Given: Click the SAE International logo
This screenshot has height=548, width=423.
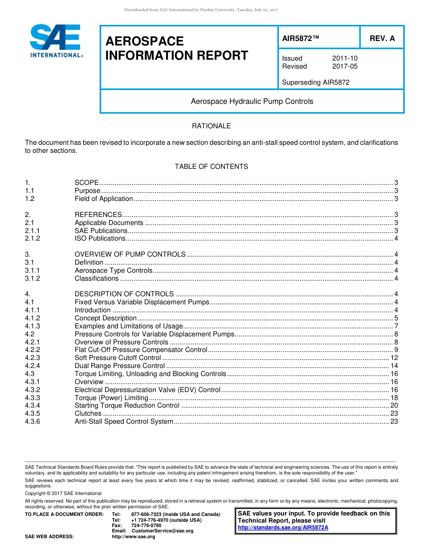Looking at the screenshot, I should pyautogui.click(x=56, y=41).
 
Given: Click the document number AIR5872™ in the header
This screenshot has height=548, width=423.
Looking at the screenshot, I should pyautogui.click(x=301, y=38).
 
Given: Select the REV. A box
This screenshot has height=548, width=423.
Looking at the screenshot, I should pyautogui.click(x=382, y=38).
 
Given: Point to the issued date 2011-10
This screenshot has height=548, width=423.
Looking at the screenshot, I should pyautogui.click(x=345, y=58).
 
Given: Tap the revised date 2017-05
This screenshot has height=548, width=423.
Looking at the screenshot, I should pyautogui.click(x=345, y=66).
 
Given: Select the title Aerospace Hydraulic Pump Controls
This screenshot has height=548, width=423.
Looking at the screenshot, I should pyautogui.click(x=252, y=102).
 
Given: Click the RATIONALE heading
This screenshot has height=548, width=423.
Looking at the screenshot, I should pyautogui.click(x=211, y=126).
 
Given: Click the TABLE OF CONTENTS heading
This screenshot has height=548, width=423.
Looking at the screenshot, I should pyautogui.click(x=211, y=167).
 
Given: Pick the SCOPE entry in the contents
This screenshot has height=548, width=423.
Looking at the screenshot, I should pyautogui.click(x=87, y=183).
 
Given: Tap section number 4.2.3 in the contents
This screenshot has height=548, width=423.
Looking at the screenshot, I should pyautogui.click(x=33, y=358).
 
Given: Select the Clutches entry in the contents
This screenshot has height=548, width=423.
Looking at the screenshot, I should pyautogui.click(x=88, y=413).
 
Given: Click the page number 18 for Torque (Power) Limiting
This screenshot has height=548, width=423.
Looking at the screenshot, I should pyautogui.click(x=394, y=398).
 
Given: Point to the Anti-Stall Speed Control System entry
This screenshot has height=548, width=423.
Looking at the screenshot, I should pyautogui.click(x=124, y=421).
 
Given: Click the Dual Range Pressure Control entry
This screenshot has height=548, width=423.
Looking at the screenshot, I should pyautogui.click(x=120, y=366).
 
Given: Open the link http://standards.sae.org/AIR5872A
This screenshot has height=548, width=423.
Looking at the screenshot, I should pyautogui.click(x=283, y=528).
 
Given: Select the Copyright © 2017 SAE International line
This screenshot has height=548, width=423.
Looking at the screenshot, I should pyautogui.click(x=63, y=493).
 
